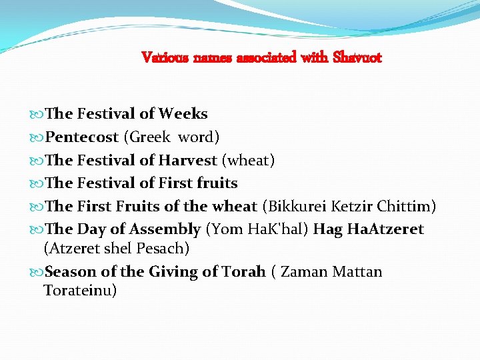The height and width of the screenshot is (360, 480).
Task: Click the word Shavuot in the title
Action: [x=359, y=57]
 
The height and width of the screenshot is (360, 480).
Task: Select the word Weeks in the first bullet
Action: [x=183, y=114]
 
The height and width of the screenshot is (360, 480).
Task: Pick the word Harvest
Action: [x=187, y=160]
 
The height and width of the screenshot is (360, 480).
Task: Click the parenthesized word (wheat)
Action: [x=248, y=160]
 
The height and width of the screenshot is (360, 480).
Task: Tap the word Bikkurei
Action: [x=293, y=206]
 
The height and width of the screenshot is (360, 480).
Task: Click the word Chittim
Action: [x=409, y=206]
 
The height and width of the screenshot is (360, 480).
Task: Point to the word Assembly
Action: [x=165, y=229]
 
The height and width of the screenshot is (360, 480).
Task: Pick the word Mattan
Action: [x=357, y=272]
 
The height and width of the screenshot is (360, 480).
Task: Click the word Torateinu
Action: [x=80, y=291]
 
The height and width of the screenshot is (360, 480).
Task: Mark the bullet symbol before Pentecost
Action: [x=38, y=138]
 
